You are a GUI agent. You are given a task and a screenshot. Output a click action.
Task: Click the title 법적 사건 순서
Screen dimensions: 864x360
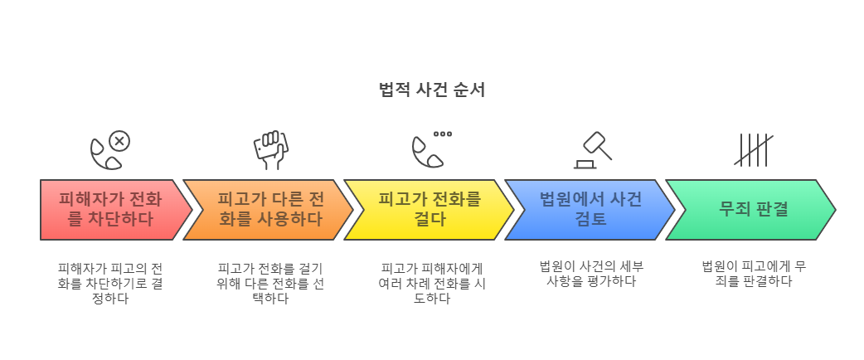(431, 90)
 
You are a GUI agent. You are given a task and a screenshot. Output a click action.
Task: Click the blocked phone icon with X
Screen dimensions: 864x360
(110, 150)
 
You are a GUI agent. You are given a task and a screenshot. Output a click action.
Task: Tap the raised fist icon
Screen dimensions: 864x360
(270, 150)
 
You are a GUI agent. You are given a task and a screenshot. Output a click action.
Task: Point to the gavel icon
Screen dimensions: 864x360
(592, 150)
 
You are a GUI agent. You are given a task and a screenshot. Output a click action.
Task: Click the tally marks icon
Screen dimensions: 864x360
(753, 150)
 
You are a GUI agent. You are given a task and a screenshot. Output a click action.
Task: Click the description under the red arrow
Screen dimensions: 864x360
(110, 283)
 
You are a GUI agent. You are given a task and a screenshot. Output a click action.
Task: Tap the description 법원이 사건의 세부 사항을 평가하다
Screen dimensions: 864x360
(592, 274)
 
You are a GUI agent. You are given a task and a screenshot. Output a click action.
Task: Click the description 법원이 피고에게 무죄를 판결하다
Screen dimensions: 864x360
(753, 274)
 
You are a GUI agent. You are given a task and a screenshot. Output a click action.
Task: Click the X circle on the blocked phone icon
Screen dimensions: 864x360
(120, 141)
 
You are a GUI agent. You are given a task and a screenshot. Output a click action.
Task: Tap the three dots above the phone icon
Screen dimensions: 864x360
(443, 134)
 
